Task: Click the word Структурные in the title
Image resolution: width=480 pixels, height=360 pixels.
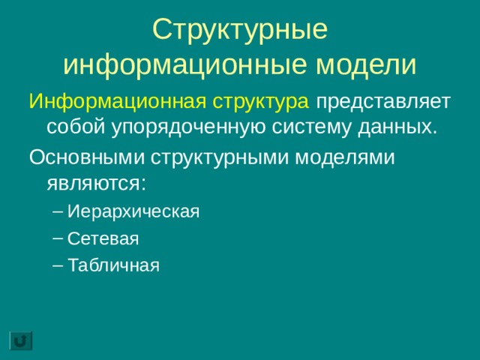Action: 240,30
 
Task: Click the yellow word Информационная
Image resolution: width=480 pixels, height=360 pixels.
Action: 115,101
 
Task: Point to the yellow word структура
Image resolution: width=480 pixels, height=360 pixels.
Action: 259,101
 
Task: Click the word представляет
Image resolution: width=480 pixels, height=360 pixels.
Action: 383,101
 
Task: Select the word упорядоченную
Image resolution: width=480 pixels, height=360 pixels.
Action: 182,126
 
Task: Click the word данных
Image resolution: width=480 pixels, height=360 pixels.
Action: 397,126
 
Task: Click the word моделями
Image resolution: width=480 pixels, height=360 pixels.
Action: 342,157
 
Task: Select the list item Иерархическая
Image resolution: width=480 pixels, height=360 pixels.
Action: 133,211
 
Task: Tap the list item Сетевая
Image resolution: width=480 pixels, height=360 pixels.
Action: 103,238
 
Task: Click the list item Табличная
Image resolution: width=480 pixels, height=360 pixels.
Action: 113,265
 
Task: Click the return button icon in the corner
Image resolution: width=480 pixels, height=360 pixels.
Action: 21,340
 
